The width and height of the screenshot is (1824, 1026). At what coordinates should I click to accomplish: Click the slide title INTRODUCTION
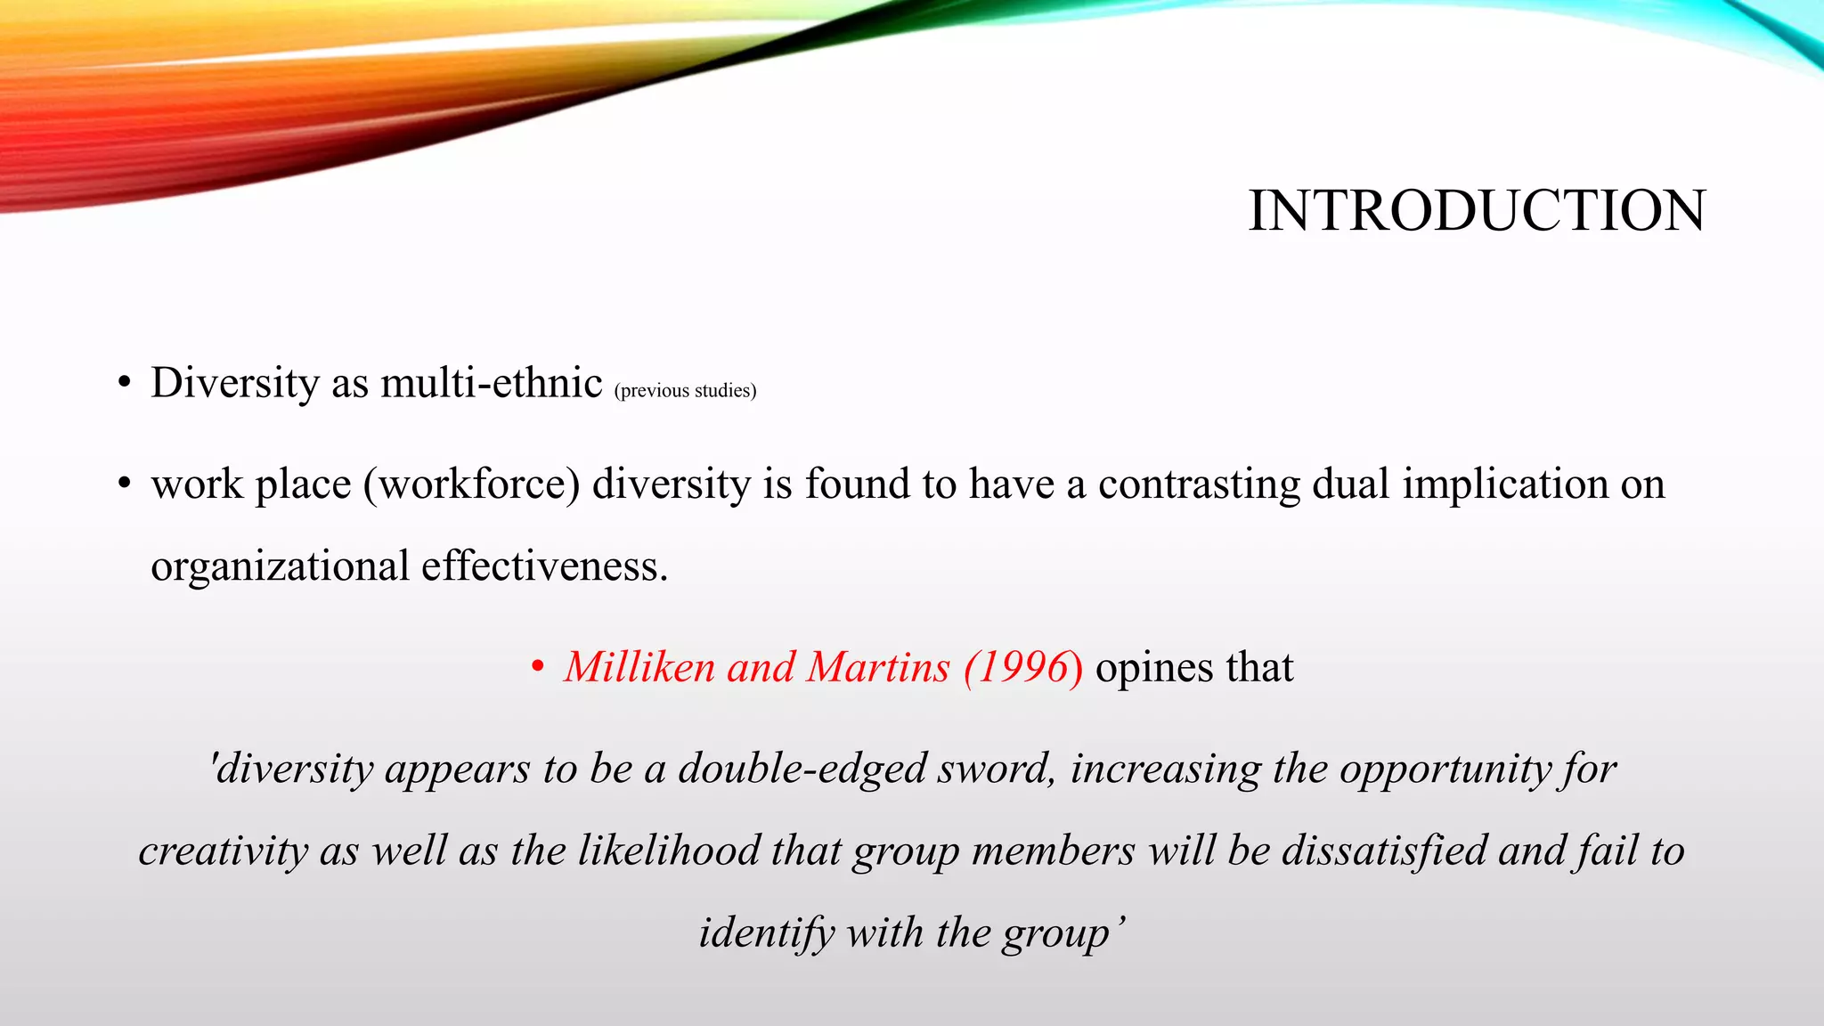[1477, 212]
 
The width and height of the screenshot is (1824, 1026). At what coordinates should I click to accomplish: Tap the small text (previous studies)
[685, 391]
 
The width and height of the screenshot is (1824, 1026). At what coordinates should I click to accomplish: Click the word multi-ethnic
[492, 384]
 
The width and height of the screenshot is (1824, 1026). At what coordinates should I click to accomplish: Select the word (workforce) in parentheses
[471, 484]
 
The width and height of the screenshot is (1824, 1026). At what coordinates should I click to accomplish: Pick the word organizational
[280, 567]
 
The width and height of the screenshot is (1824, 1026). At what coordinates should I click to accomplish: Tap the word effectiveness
[544, 566]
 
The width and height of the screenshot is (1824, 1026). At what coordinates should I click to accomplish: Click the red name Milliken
[639, 667]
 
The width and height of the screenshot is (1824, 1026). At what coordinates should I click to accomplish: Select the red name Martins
[878, 667]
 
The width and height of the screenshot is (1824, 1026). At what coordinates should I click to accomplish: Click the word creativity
[223, 851]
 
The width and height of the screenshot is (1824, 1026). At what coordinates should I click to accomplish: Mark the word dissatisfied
[1384, 851]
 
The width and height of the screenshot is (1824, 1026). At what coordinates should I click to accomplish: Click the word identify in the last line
[767, 933]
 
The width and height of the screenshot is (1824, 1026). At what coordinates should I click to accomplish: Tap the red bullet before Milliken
[537, 668]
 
